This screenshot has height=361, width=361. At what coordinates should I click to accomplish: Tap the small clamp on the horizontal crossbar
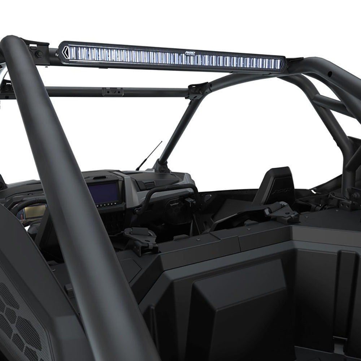pos(113,91)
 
